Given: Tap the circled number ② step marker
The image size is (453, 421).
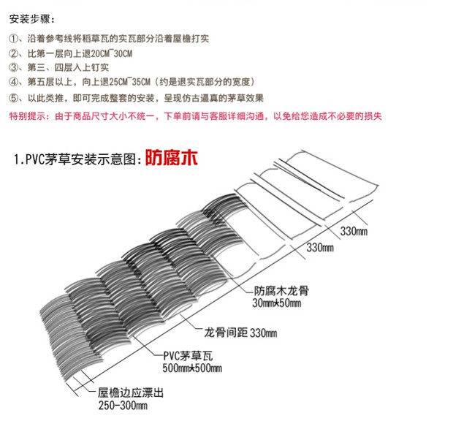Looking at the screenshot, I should pos(13,53).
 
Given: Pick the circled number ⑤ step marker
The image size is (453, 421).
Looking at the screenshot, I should pos(13,98).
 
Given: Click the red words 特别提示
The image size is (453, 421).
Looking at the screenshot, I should pos(28,116).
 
